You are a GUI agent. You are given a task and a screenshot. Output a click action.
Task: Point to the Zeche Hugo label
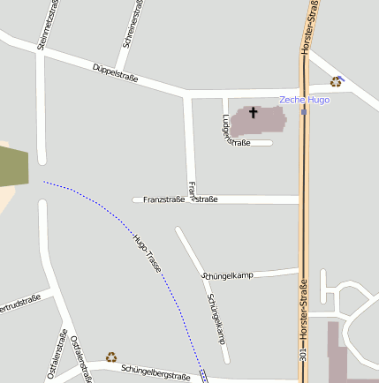[304, 100]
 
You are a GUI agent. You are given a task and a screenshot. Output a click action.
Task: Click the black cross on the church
[254, 112]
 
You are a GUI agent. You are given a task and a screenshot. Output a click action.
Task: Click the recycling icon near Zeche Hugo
[336, 81]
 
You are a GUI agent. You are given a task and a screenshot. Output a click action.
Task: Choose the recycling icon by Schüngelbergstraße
[111, 357]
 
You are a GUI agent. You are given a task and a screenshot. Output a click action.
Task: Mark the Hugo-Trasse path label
[148, 251]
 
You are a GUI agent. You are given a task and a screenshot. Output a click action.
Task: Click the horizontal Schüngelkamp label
[228, 275]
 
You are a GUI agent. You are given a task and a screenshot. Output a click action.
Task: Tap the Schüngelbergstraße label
[155, 372]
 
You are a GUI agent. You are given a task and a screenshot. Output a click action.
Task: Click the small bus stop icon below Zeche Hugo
[304, 111]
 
